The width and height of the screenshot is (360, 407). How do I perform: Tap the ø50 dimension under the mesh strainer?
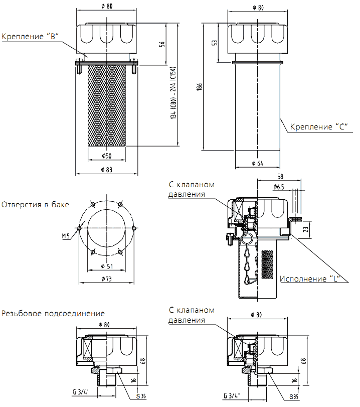click(106, 156)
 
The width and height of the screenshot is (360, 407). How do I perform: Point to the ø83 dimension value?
click(106, 170)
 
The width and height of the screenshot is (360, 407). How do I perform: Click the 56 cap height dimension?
click(162, 44)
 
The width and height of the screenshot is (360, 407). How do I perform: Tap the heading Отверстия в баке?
click(36, 205)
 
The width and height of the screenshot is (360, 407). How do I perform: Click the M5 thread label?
click(66, 235)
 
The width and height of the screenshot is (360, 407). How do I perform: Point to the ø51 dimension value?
click(106, 265)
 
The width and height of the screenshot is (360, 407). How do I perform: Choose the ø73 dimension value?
click(106, 279)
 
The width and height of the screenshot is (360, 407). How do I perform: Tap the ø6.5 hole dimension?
click(279, 187)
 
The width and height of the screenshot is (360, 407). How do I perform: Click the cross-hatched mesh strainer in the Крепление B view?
click(106, 105)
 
